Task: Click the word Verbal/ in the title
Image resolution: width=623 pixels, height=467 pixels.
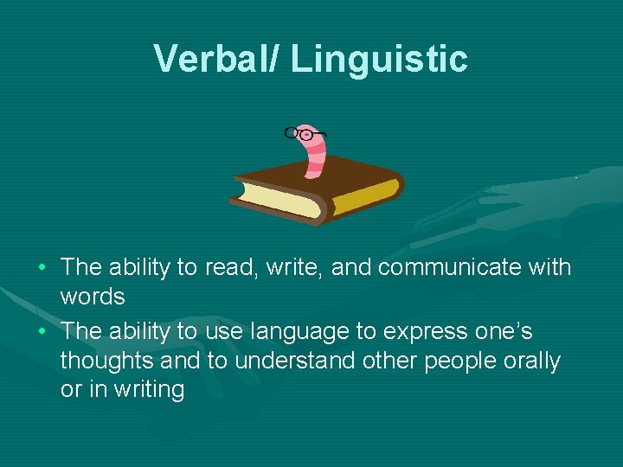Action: [216, 59]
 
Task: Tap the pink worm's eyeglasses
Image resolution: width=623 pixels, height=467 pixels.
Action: [305, 134]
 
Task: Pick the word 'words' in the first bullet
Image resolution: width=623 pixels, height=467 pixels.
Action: [93, 297]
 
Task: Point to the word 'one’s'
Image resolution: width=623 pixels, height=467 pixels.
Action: [502, 332]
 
